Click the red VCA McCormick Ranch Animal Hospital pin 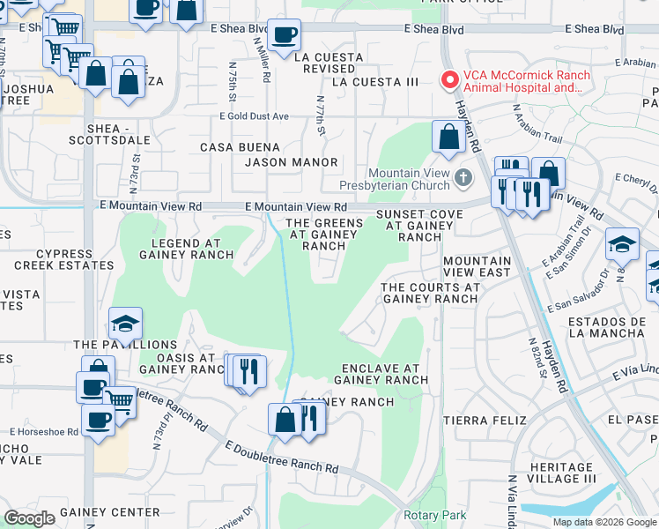pos(449,81)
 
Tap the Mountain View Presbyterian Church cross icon pos(463,180)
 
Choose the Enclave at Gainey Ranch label pos(381,374)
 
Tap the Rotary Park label pos(434,515)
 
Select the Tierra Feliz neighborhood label pos(478,419)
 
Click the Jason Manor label pos(292,162)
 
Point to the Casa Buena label pos(241,147)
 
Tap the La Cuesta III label pos(375,82)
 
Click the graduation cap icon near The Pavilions pos(125,323)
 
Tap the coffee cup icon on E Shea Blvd pos(284,36)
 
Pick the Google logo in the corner pos(29,518)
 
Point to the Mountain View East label pos(477,267)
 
